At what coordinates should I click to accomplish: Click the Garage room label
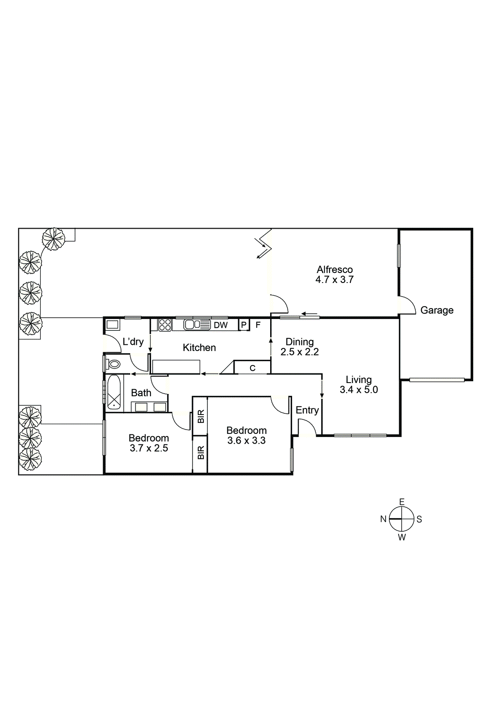[x=437, y=310]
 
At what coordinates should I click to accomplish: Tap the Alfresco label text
[x=335, y=269]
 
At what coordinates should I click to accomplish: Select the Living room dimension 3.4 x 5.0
[x=359, y=390]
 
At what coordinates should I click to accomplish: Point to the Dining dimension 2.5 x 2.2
[x=300, y=351]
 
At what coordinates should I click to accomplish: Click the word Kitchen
[x=199, y=347]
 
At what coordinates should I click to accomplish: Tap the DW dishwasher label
[x=221, y=325]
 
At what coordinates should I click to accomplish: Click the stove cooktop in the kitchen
[x=165, y=325]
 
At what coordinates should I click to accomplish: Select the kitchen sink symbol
[x=197, y=324]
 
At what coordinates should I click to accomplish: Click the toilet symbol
[x=114, y=364]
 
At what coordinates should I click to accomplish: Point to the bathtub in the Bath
[x=114, y=393]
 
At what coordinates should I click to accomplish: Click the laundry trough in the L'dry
[x=112, y=324]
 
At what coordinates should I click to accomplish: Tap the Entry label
[x=307, y=410]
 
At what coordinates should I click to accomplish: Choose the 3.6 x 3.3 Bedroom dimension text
[x=246, y=441]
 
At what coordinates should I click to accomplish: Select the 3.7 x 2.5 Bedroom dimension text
[x=149, y=448]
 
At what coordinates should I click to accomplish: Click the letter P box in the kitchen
[x=244, y=325]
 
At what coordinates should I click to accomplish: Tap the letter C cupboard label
[x=253, y=368]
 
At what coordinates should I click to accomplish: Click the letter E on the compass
[x=402, y=502]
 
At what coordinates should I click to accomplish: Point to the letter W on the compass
[x=402, y=537]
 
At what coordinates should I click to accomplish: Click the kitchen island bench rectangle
[x=176, y=366]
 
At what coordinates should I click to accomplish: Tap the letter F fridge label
[x=258, y=325]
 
